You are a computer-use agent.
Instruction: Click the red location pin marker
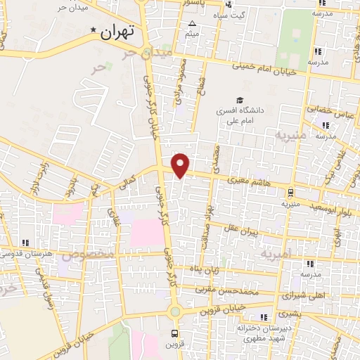click(x=181, y=164)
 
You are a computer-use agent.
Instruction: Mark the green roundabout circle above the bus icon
click(x=174, y=311)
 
